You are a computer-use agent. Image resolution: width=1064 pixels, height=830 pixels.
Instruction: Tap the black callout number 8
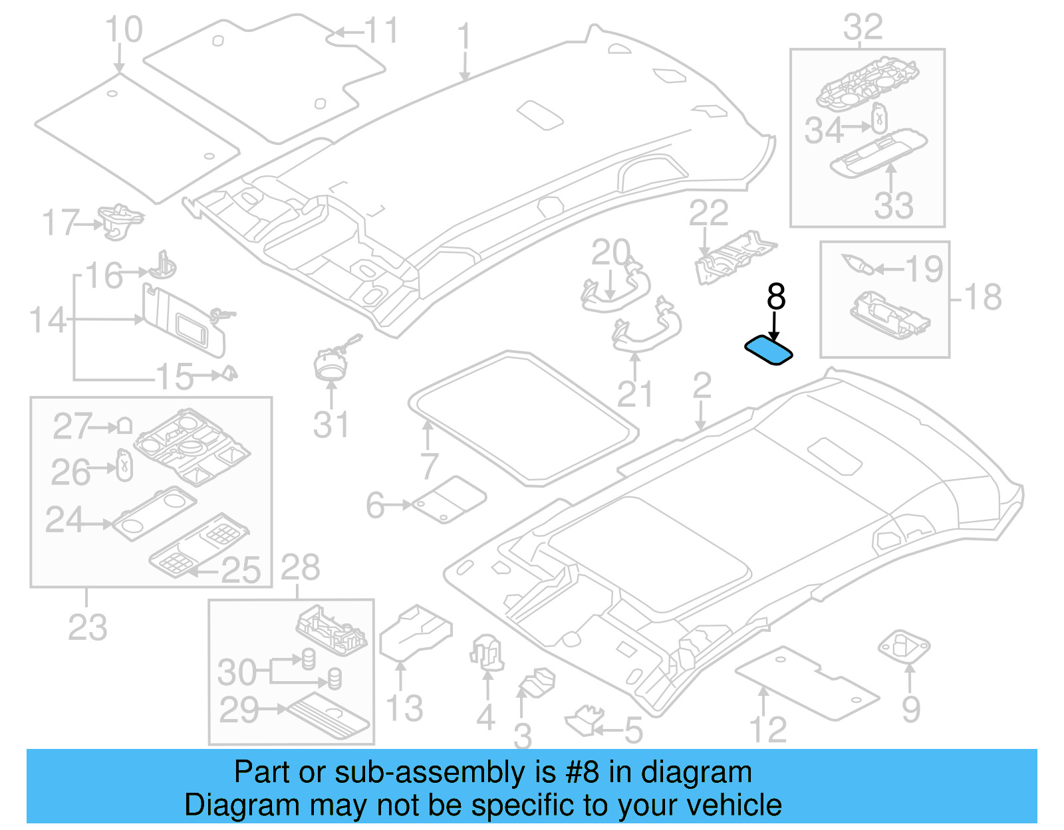775,297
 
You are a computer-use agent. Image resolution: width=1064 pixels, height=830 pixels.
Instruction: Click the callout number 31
331,425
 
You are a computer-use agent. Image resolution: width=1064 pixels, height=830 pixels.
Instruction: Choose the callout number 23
87,627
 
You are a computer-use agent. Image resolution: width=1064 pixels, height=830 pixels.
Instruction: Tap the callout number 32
863,27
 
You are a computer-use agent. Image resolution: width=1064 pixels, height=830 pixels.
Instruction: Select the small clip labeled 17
120,220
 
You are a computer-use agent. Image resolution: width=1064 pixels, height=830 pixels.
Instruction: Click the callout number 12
768,730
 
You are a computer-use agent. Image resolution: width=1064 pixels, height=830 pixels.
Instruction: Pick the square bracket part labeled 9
904,645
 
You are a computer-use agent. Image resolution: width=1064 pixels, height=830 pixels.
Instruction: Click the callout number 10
124,30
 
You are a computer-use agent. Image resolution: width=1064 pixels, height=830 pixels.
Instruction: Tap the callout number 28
300,568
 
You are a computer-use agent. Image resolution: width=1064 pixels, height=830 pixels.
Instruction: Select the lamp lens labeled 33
877,154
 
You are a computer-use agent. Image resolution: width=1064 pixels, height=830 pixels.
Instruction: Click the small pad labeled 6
449,500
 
